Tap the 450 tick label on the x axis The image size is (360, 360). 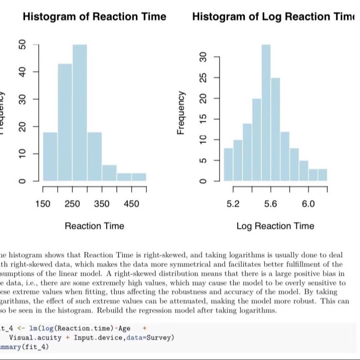(131, 204)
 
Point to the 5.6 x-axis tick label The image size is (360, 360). (270, 204)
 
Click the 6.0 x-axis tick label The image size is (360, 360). (308, 204)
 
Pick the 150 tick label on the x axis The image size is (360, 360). (43, 204)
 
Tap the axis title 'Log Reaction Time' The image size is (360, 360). (275, 226)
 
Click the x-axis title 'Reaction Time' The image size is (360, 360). (94, 226)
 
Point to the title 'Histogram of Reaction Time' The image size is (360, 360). (94, 17)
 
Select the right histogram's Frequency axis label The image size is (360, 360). (181, 113)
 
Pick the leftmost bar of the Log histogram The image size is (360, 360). (228, 164)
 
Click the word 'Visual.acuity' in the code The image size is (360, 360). (35, 337)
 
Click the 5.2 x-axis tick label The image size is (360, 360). (233, 204)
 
